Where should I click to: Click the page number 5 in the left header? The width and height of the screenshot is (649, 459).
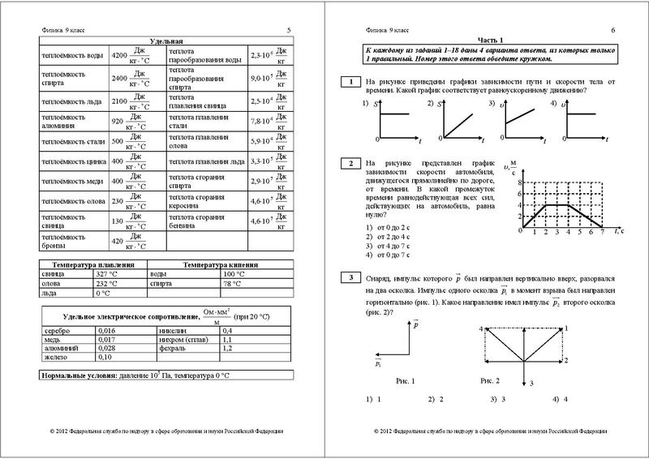289,30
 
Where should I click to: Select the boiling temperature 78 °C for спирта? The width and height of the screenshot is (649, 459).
233,284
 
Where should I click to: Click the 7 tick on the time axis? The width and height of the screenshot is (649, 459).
600,231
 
